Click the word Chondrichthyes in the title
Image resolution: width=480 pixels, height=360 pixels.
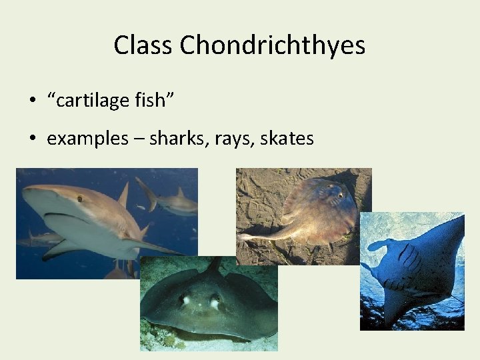pos(273,45)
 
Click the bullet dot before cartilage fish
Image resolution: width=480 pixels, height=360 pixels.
pos(32,101)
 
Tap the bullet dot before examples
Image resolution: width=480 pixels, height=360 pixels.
pos(32,139)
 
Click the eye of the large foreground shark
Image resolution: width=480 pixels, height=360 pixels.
pos(80,198)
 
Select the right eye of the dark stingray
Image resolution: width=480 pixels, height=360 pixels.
pos(215,302)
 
